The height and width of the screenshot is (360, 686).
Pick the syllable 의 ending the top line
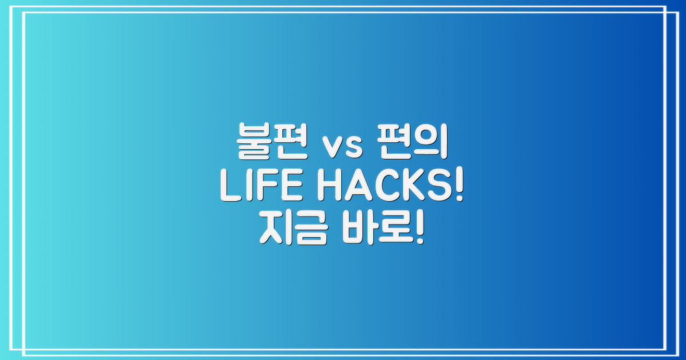pos(432,146)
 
